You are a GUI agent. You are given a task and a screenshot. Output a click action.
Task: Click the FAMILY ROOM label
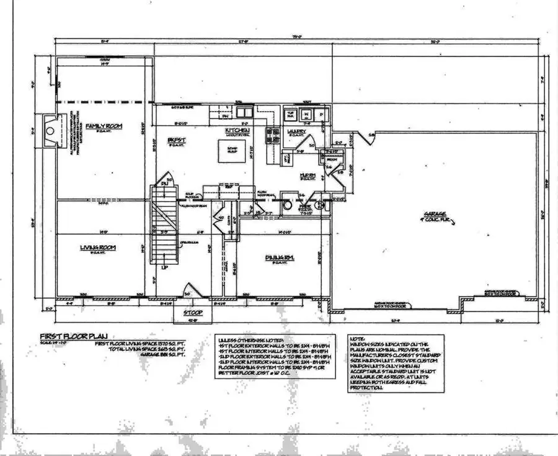[x=104, y=126]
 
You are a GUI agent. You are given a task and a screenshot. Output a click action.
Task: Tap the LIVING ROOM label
[x=98, y=247]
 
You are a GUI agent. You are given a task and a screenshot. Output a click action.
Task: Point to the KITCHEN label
[x=237, y=130]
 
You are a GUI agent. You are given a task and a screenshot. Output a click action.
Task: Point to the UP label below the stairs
[x=164, y=269]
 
